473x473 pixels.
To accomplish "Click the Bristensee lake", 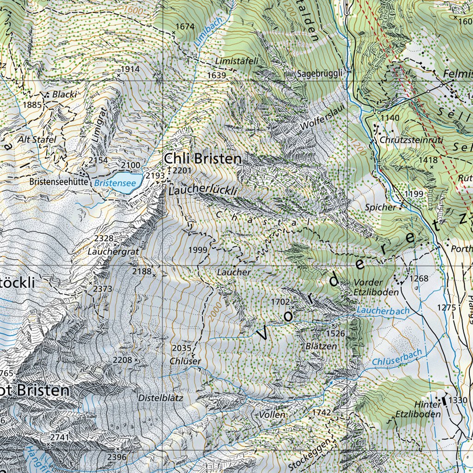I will coord(124,179).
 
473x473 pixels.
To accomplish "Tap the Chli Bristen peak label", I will coord(202,159).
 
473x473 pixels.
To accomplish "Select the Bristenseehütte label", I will coord(59,182).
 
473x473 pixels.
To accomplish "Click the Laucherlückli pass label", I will coord(203,190).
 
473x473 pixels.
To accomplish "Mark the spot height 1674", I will coord(185,27).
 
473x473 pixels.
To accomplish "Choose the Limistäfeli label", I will coord(236,61).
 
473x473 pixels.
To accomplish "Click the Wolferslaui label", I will coord(316,120).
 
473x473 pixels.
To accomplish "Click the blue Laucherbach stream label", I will coord(383,312).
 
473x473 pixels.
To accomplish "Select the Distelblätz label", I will coord(160,397).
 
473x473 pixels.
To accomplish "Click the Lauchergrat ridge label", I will coord(108,252).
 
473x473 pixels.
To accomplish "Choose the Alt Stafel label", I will coord(37,139).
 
